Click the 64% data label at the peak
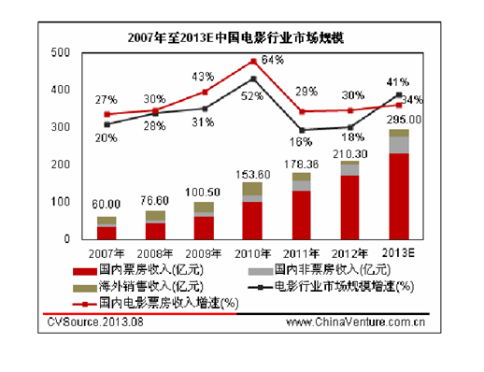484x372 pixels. tap(273, 61)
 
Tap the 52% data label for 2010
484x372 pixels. tap(250, 95)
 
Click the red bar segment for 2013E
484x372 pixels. tap(399, 196)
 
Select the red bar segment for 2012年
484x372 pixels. tap(350, 207)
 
